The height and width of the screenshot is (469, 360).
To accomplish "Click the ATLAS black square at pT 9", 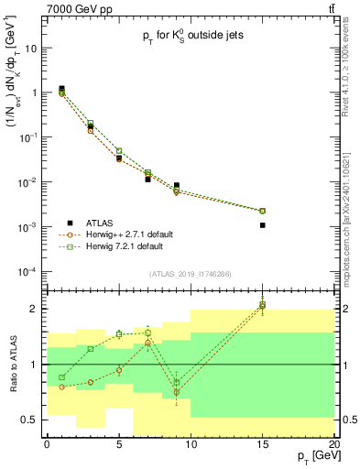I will [176, 185].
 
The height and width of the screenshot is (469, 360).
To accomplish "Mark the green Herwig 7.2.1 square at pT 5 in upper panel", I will [119, 151].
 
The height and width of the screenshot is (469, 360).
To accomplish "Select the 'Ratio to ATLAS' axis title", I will [13, 365].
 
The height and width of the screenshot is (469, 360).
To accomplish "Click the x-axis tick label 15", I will [263, 444].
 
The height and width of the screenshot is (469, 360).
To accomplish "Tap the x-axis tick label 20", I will [334, 444].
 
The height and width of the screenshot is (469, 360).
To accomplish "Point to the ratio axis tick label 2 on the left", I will [33, 309].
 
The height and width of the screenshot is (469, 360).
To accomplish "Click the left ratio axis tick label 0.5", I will [29, 420].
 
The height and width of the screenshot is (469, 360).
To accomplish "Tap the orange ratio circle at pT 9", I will [176, 392].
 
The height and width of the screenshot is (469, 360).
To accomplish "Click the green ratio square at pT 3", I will [90, 349].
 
